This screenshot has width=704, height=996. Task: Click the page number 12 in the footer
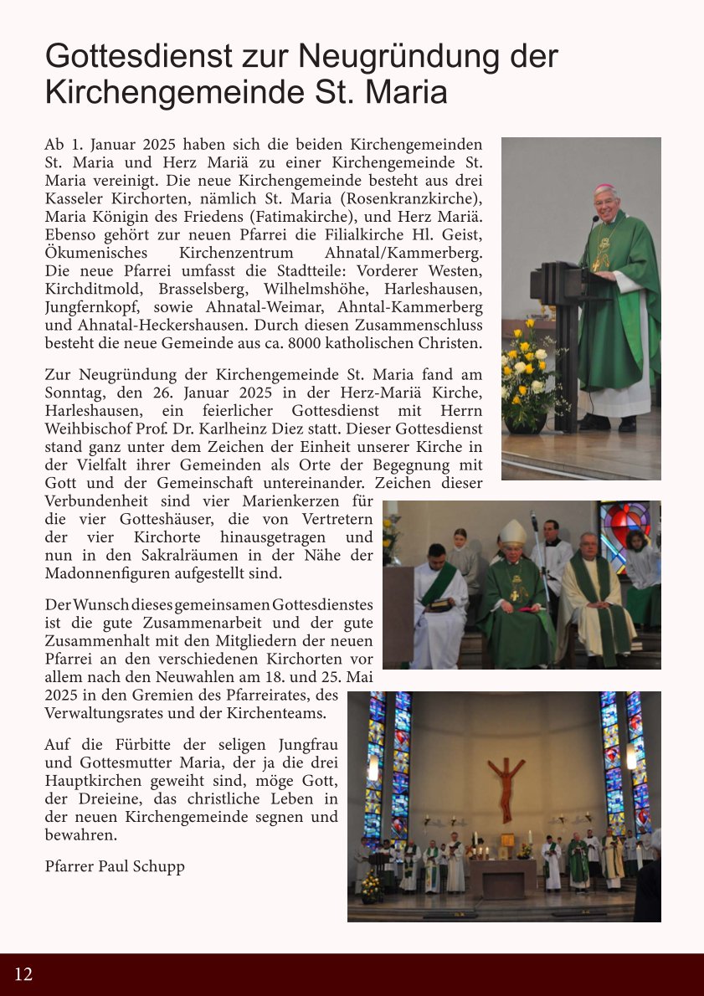[x=23, y=974]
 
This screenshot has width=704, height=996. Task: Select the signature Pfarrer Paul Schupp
[x=115, y=866]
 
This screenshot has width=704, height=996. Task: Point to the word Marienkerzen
[x=283, y=501]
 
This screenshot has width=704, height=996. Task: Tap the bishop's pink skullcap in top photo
[x=604, y=188]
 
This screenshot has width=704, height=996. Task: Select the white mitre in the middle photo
[x=513, y=533]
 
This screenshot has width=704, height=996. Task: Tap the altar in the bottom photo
[x=502, y=877]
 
